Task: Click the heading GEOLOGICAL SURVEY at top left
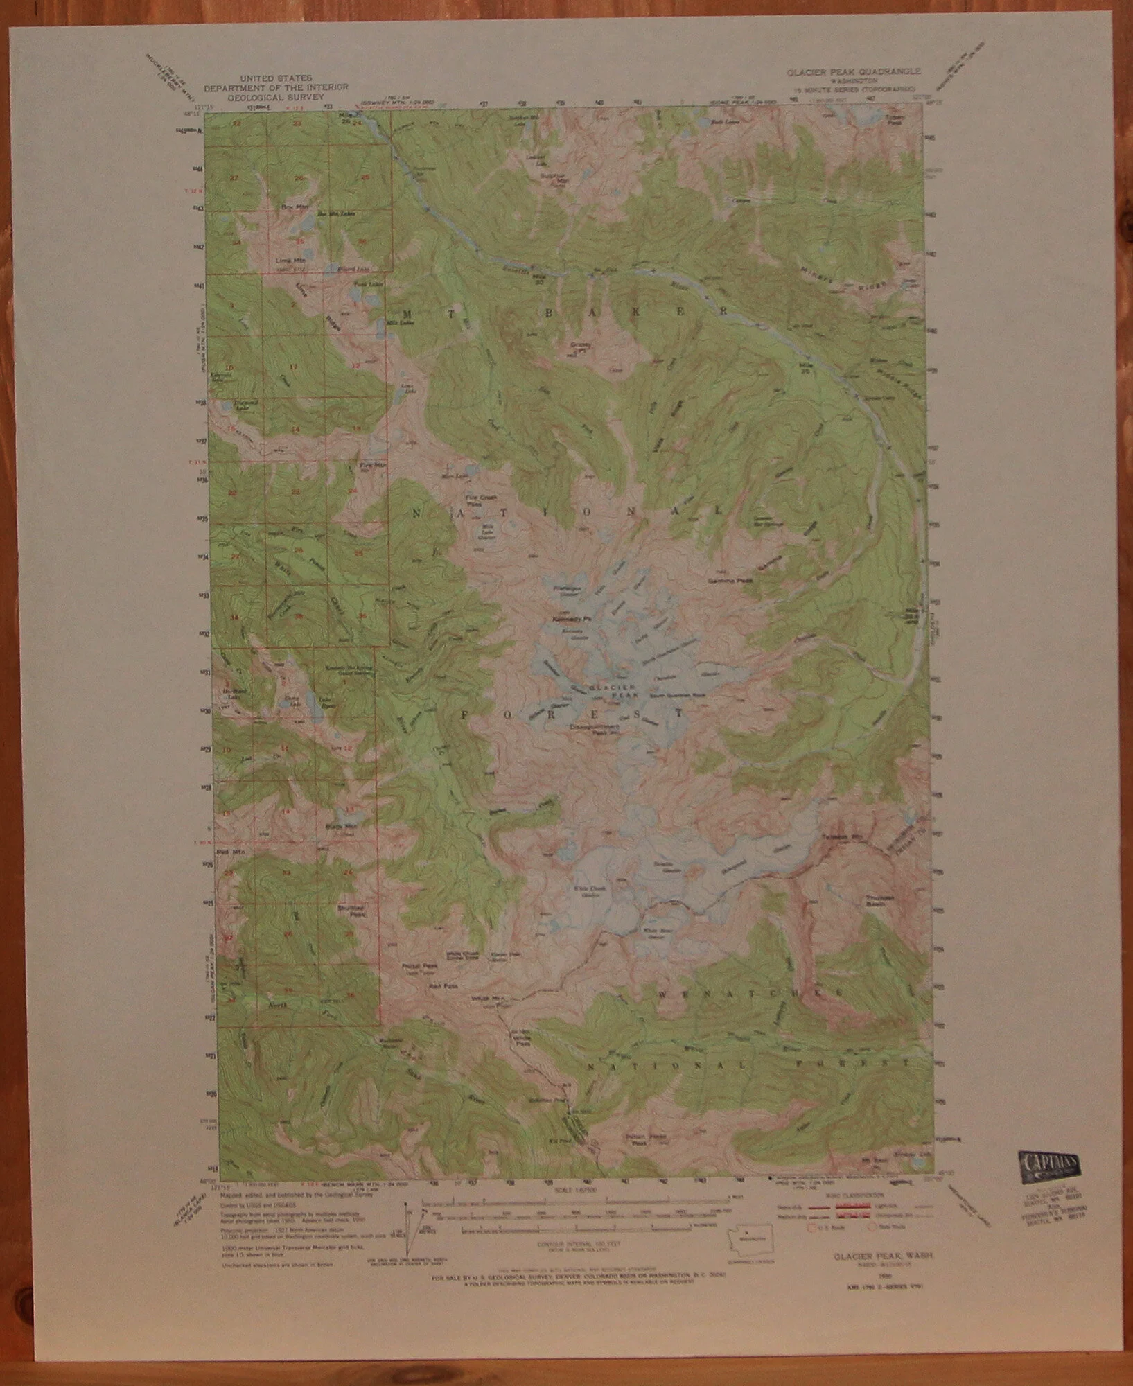(x=276, y=98)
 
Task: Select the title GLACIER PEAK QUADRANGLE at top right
(x=853, y=71)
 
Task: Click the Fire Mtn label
(x=371, y=466)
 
